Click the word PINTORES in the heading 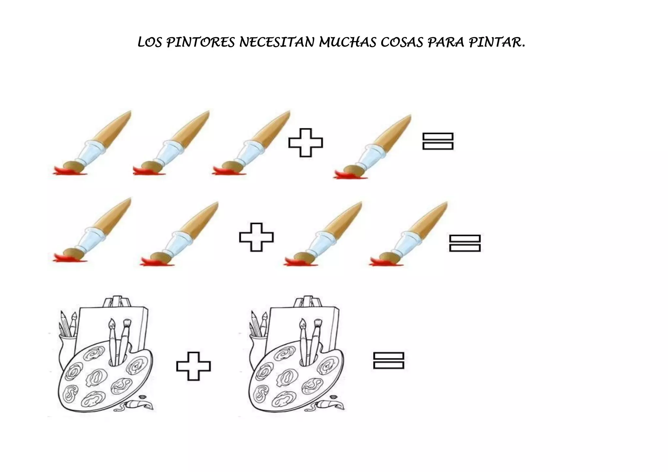(x=200, y=43)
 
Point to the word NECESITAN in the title (x=277, y=43)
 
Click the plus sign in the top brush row (x=306, y=143)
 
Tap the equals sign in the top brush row (x=438, y=141)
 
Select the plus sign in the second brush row (x=256, y=237)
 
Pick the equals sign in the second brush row (x=465, y=243)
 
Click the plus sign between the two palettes (x=193, y=366)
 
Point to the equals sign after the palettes (x=388, y=361)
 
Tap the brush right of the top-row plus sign (x=375, y=147)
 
